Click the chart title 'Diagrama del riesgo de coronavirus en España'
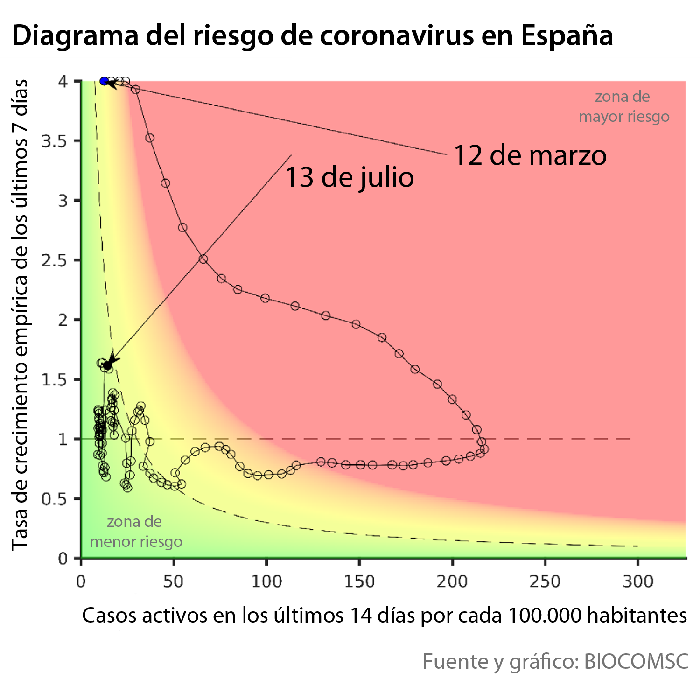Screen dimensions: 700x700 pos(312,35)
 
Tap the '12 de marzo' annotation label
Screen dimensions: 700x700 pos(530,155)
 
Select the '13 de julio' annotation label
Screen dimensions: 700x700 pos(349,178)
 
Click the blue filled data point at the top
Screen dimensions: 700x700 pos(104,81)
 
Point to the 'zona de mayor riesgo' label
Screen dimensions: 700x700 pos(623,106)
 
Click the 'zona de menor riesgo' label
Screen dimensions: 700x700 pos(136,532)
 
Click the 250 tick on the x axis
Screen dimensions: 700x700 pos(545,581)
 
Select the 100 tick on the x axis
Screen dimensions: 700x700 pos(266,581)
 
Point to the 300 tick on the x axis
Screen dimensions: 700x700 pos(637,581)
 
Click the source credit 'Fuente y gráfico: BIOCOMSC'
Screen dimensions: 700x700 pos(555,661)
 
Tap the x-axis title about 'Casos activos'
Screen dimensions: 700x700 pos(384,616)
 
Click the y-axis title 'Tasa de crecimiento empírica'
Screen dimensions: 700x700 pos(20,315)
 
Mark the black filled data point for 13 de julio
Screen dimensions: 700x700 pos(107,365)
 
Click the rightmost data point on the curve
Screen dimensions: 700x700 pos(484,449)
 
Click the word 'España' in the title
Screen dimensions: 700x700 pos(567,35)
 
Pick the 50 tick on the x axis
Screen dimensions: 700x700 pos(174,581)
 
